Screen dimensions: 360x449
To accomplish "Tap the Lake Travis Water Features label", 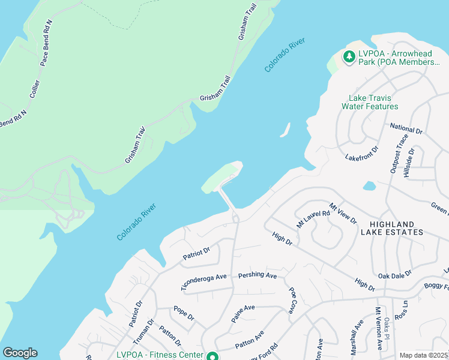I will (x=370, y=102).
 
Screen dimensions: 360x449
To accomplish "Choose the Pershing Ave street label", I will (x=257, y=275).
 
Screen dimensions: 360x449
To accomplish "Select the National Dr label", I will (x=406, y=129).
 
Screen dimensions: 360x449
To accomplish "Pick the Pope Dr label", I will (x=183, y=312).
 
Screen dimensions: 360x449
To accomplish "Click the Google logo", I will (x=20, y=353).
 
